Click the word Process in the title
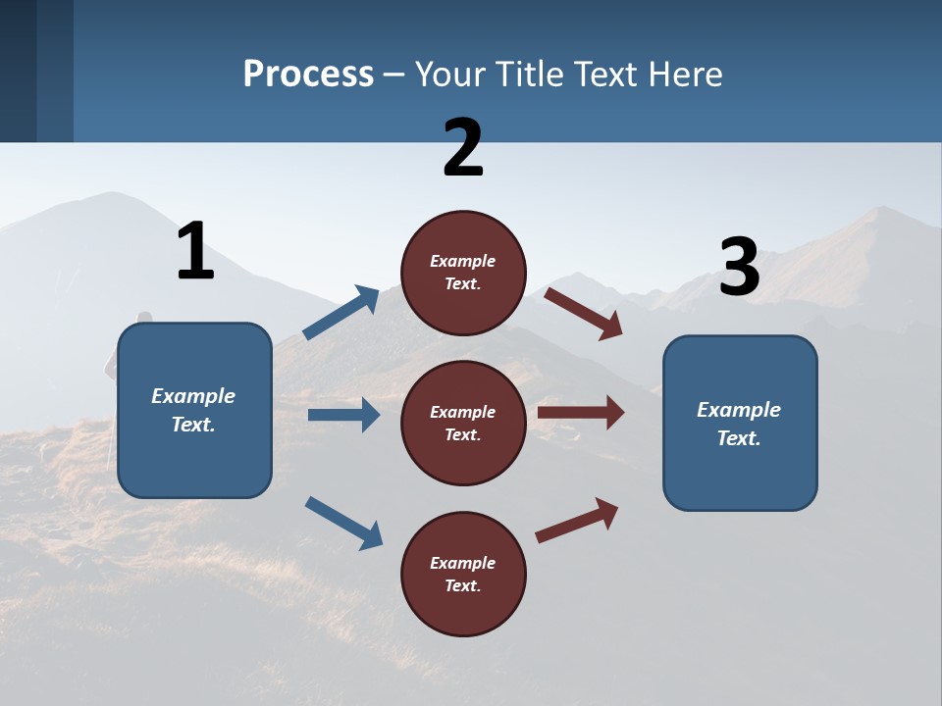[x=308, y=74]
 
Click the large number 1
[x=195, y=251]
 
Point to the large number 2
[x=463, y=148]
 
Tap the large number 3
[x=739, y=268]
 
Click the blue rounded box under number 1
[x=194, y=410]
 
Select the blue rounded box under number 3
[x=740, y=423]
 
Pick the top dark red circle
[x=463, y=272]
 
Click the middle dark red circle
[x=463, y=423]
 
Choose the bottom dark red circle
[x=463, y=574]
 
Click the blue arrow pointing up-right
[x=341, y=313]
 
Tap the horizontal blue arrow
[x=343, y=415]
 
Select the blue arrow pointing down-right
[x=343, y=522]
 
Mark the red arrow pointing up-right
[x=577, y=520]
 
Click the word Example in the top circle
[x=463, y=261]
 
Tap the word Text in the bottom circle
[x=461, y=585]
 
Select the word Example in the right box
[x=739, y=410]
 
